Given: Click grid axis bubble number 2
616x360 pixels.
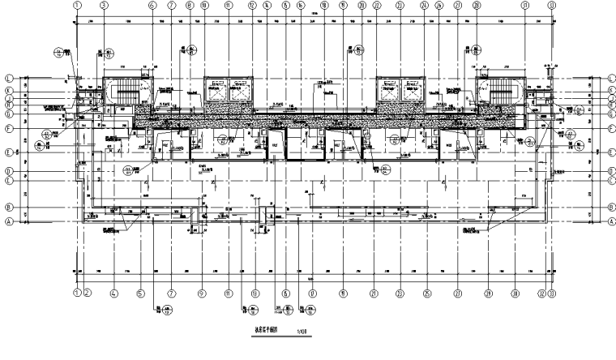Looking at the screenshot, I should tap(88, 294).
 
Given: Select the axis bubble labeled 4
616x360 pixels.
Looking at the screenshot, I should tap(114, 294).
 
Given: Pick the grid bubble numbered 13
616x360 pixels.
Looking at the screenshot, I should tap(255, 294).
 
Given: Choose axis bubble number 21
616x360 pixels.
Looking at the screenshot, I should tap(374, 294).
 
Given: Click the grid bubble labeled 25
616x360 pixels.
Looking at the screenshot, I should tap(426, 294).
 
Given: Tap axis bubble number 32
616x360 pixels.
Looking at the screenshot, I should tap(540, 294).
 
